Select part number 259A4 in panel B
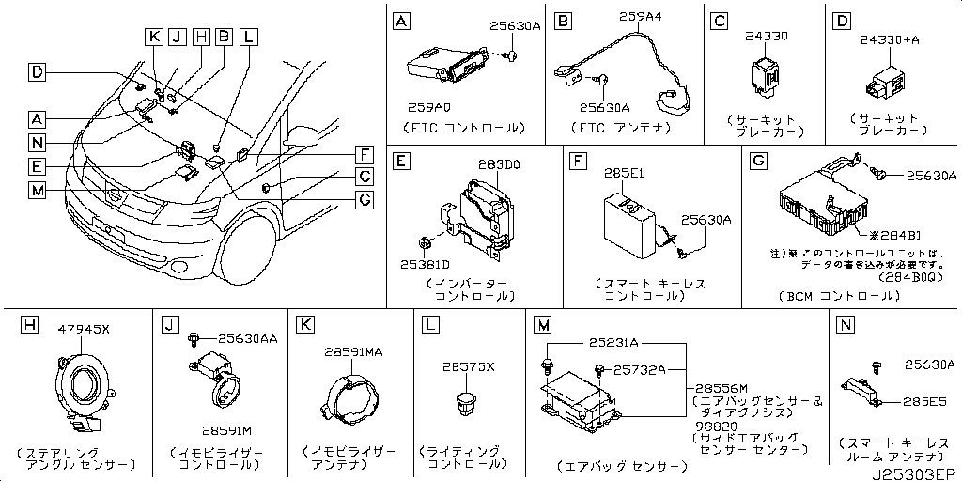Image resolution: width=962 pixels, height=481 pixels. click(x=641, y=16)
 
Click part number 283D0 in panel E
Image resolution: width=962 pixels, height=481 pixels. click(x=498, y=165)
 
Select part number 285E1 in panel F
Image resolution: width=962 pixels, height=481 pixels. click(x=621, y=175)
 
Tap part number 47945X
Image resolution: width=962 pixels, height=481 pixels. click(x=85, y=329)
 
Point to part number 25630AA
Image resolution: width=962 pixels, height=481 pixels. click(x=247, y=338)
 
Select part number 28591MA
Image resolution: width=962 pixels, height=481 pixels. click(x=354, y=351)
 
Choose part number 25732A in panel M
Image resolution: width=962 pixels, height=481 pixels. click(x=639, y=370)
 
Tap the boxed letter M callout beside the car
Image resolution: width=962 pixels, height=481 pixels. click(x=36, y=191)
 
